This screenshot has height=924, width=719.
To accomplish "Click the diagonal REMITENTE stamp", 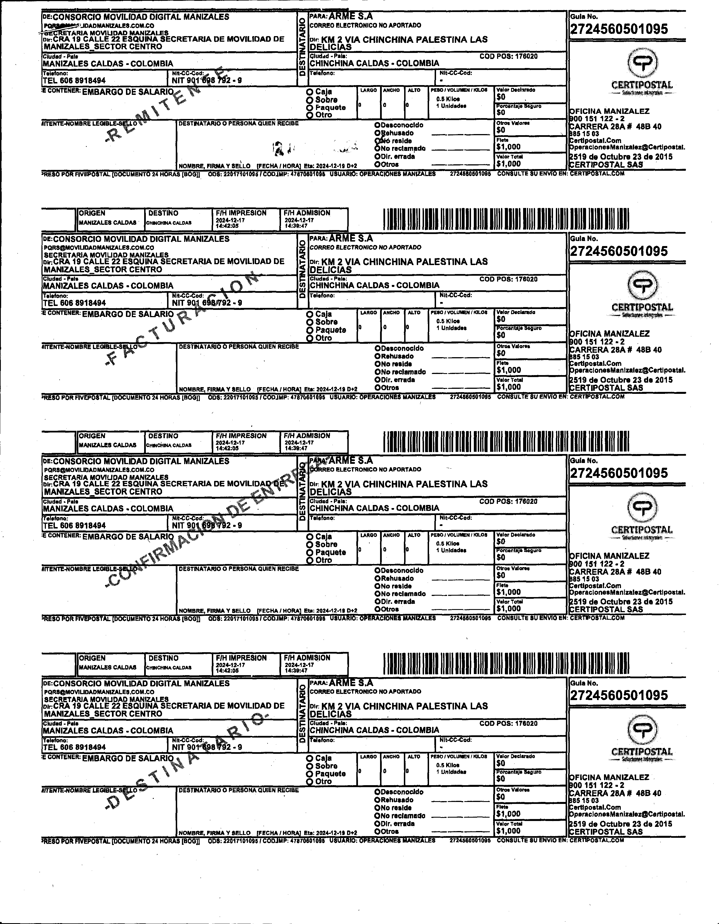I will [x=165, y=106].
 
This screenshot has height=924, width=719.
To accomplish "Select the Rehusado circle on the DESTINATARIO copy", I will [x=377, y=800].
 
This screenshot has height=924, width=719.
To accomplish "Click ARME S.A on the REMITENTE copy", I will [x=351, y=17].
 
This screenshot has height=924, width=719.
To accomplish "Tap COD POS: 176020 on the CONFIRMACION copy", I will [x=508, y=501].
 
